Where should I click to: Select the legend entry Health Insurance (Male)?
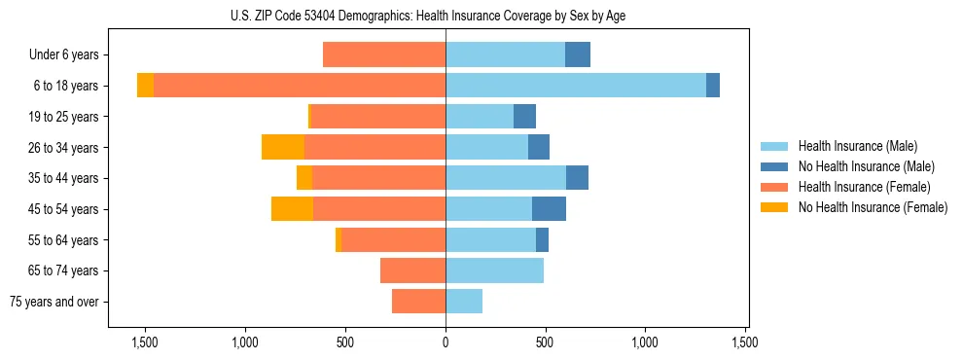(857, 146)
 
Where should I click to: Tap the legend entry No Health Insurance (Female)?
(873, 207)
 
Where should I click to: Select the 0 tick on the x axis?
(446, 342)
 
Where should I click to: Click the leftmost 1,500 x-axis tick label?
(145, 342)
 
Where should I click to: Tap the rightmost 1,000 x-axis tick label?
(646, 342)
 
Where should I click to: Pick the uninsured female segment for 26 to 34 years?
(283, 147)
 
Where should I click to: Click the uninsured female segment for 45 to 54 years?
(292, 209)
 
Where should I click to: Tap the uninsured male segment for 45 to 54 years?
(549, 209)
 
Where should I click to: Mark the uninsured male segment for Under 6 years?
(578, 55)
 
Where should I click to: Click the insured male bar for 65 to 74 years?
(494, 270)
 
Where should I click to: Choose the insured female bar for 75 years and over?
(418, 302)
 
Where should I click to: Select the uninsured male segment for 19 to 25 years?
(524, 117)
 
